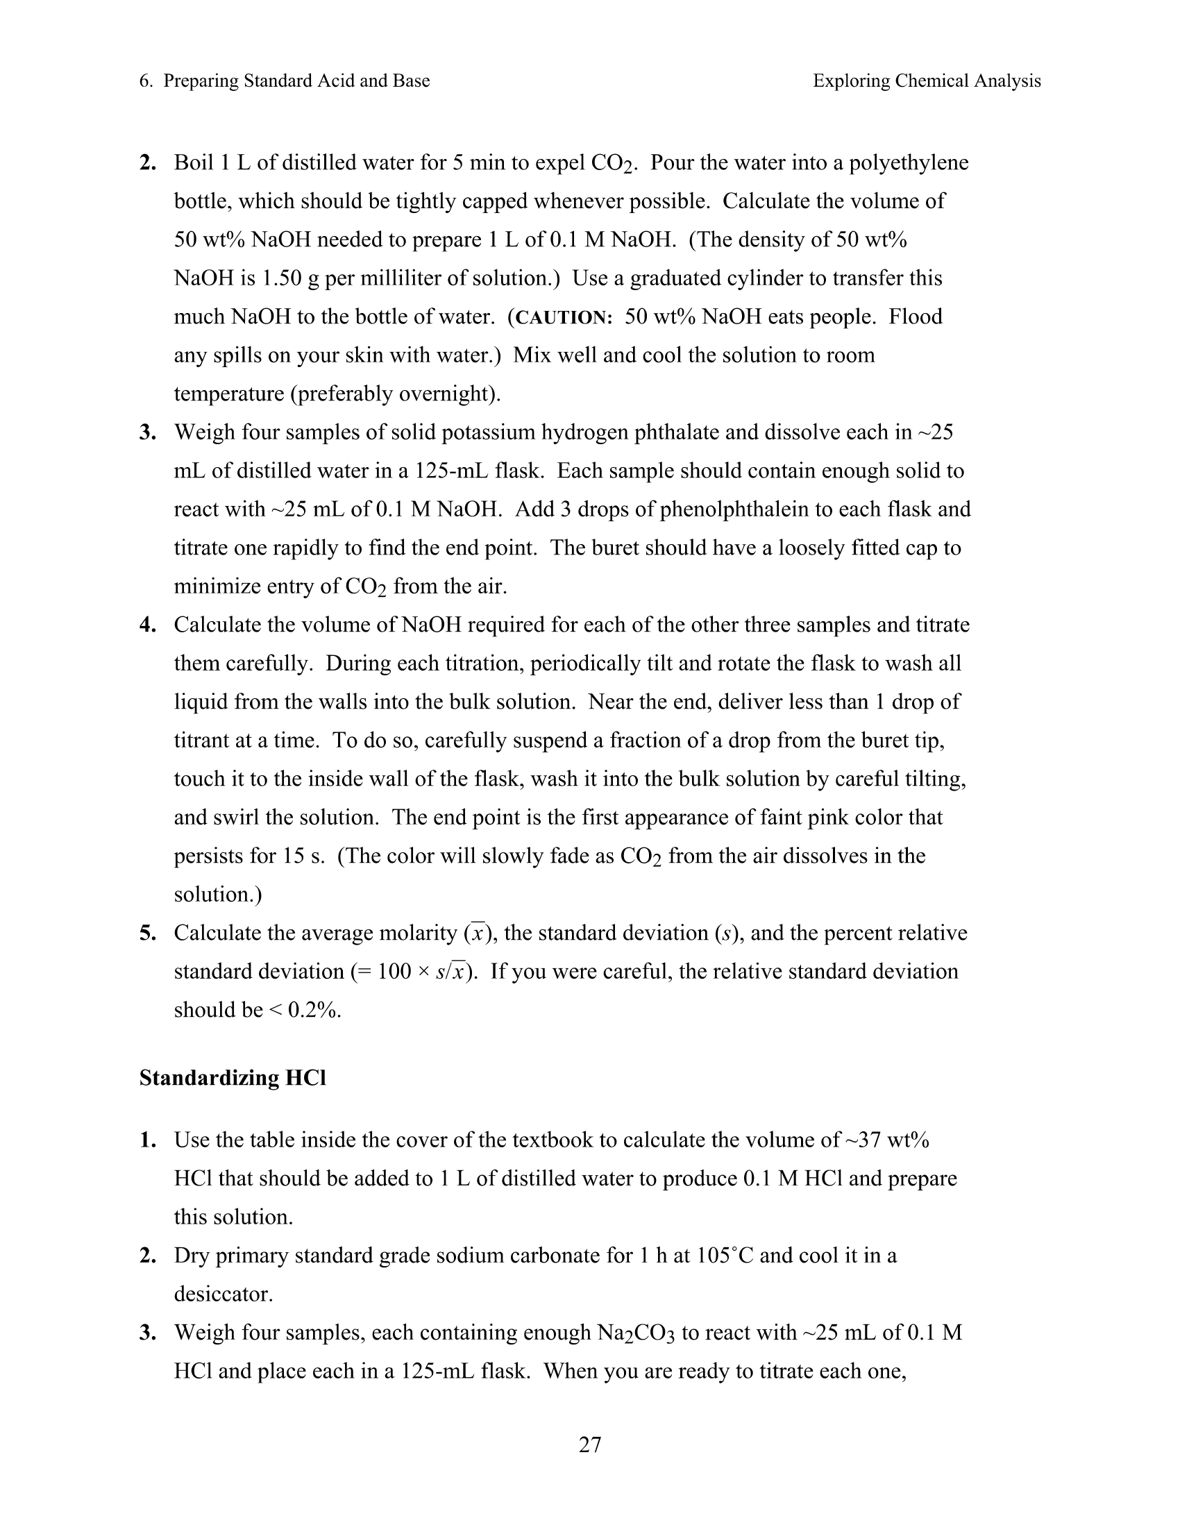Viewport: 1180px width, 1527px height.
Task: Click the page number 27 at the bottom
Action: click(589, 1444)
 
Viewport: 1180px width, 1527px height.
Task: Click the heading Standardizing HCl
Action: click(233, 1077)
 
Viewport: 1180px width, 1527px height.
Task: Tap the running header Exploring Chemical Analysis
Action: click(926, 81)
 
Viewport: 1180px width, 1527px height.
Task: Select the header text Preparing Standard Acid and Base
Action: click(296, 81)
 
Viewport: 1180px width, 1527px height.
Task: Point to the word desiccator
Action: click(223, 1294)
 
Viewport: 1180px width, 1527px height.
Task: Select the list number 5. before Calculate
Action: click(147, 933)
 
